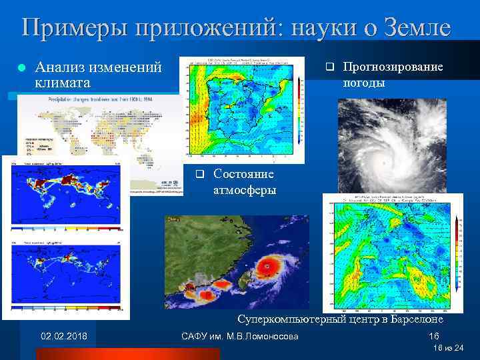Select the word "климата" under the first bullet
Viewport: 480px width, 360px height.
[60, 83]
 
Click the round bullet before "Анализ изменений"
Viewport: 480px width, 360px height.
[21, 68]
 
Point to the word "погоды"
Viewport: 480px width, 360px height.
[363, 83]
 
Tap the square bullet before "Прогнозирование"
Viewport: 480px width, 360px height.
[327, 67]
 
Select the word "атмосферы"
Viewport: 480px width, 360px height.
[245, 190]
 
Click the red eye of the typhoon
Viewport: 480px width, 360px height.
[268, 265]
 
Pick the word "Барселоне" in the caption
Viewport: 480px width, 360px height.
[411, 319]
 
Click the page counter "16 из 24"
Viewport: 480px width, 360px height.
[447, 348]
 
